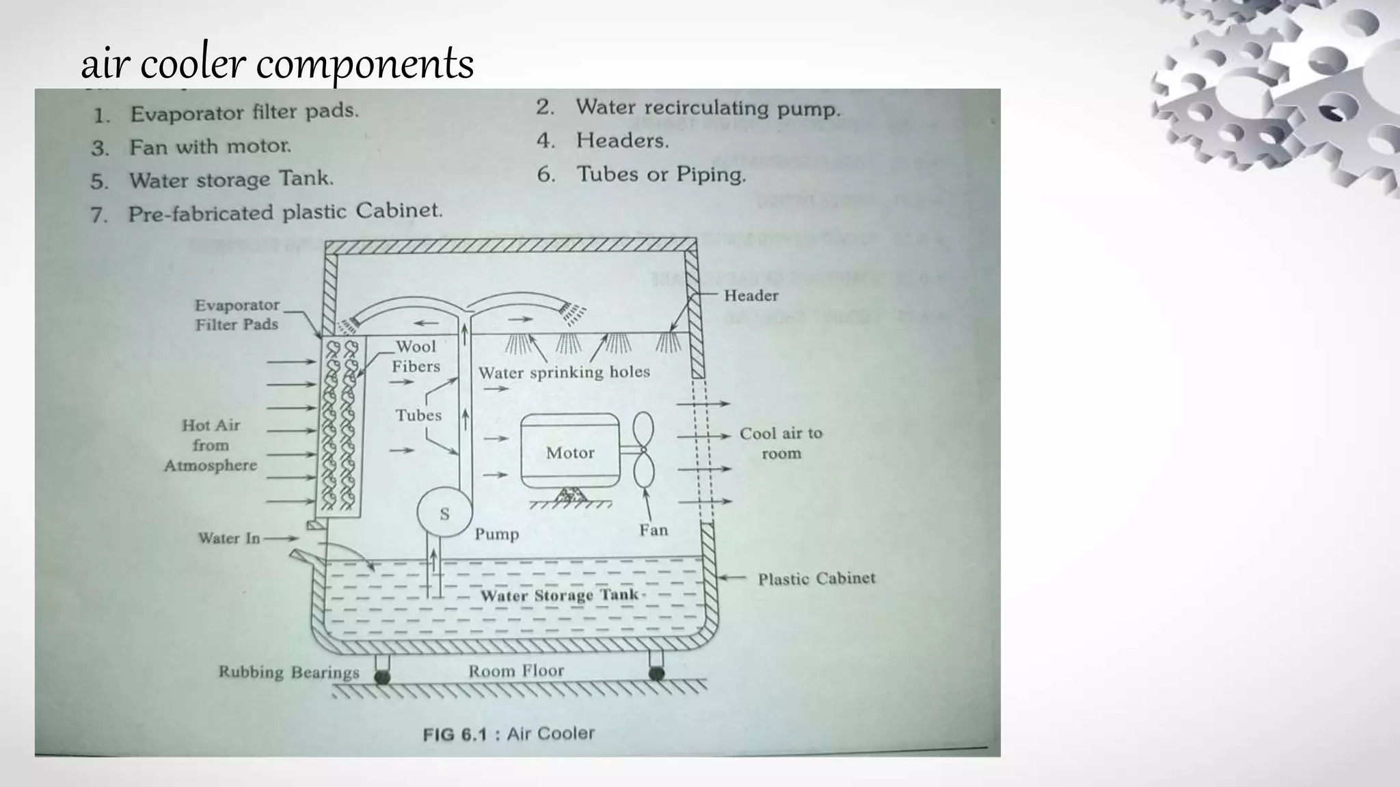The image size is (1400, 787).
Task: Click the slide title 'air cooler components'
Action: click(x=277, y=64)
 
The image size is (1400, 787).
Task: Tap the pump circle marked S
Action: click(x=444, y=513)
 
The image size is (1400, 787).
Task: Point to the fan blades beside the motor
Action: click(x=644, y=450)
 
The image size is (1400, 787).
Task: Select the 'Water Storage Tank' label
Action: click(x=558, y=595)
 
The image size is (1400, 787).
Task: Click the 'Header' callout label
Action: click(x=751, y=295)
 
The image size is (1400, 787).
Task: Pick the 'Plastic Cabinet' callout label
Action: click(x=816, y=579)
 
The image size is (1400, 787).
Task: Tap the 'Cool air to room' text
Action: click(x=781, y=443)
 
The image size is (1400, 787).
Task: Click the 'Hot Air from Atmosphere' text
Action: click(x=211, y=445)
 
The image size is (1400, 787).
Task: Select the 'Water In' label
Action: click(x=229, y=538)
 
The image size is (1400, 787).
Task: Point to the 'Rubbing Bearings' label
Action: click(x=288, y=672)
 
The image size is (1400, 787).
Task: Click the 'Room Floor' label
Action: click(x=516, y=671)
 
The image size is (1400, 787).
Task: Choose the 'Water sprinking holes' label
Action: click(x=564, y=372)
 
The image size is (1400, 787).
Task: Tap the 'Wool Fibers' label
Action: click(x=416, y=356)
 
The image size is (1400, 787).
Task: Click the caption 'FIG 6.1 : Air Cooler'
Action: click(x=509, y=734)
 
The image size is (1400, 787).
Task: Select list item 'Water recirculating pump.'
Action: click(x=708, y=108)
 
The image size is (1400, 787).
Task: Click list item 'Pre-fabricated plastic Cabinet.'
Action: click(x=285, y=212)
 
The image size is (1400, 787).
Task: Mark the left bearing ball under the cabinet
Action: click(x=382, y=676)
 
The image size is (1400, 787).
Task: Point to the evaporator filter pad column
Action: click(x=340, y=427)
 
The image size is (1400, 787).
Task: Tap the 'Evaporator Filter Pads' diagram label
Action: click(x=237, y=314)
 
